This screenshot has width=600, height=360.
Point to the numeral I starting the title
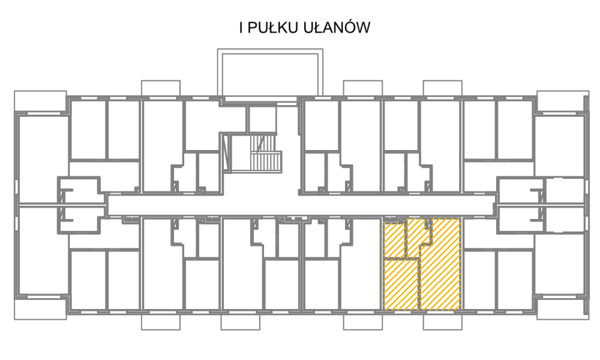[x=241, y=28]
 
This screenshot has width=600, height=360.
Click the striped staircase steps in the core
[x=265, y=153]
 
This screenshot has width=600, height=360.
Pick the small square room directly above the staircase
[x=262, y=119]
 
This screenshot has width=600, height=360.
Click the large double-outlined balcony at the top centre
[x=270, y=73]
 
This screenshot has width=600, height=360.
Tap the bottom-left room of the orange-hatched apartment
[x=400, y=284]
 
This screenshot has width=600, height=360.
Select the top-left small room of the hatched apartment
[x=394, y=240]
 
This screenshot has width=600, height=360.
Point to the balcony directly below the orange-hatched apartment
[x=442, y=322]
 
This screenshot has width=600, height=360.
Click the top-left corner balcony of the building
[x=41, y=102]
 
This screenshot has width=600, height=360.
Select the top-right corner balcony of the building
[x=563, y=102]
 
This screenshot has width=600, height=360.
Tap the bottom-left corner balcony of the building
[x=41, y=308]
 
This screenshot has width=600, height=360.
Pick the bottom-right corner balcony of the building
[x=563, y=308]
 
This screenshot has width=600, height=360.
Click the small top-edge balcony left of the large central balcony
[x=161, y=88]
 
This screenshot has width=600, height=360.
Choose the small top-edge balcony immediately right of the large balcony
[x=363, y=88]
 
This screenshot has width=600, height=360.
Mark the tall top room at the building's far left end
[x=43, y=159]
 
